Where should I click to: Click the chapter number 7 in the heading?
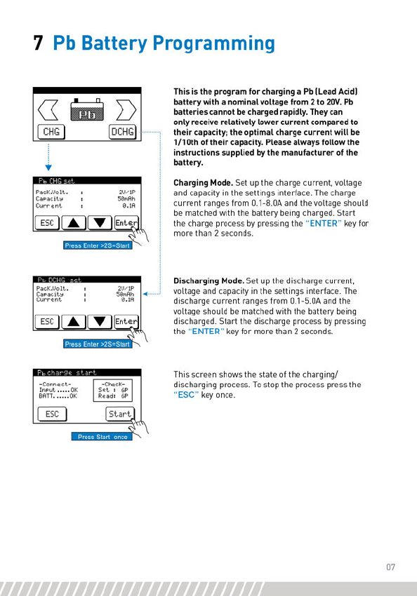click(38, 43)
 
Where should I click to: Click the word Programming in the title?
click(214, 44)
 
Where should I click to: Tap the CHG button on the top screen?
click(51, 132)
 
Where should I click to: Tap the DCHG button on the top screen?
click(122, 132)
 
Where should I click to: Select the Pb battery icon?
click(87, 110)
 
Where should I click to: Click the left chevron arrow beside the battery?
click(48, 110)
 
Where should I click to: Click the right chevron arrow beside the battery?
click(126, 110)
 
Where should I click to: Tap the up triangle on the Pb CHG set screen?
click(74, 223)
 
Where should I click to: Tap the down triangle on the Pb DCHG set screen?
click(100, 322)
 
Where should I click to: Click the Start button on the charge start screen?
click(119, 414)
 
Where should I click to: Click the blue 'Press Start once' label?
click(102, 437)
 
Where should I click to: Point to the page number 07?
click(391, 567)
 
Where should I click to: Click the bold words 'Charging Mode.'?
click(203, 183)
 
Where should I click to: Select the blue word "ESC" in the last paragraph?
click(186, 395)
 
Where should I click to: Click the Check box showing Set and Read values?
click(112, 391)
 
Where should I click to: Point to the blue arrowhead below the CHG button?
click(48, 168)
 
